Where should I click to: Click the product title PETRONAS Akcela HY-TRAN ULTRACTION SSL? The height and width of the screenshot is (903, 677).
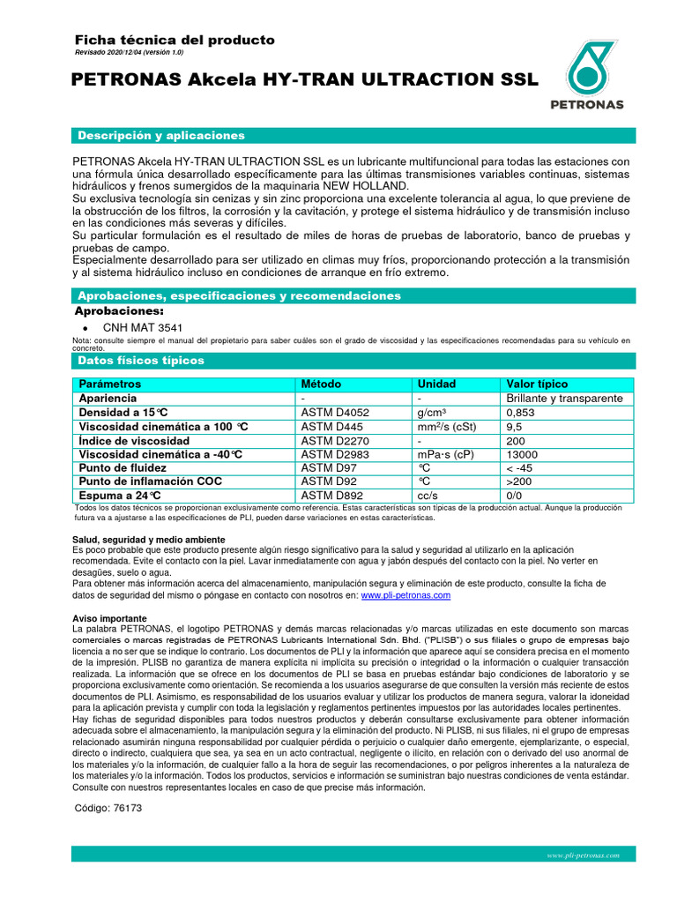pyautogui.click(x=303, y=80)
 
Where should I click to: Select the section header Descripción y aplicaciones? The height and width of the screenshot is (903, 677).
pyautogui.click(x=161, y=135)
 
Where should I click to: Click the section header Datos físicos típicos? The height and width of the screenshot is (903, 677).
pyautogui.click(x=141, y=361)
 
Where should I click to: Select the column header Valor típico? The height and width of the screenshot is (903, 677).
pyautogui.click(x=537, y=384)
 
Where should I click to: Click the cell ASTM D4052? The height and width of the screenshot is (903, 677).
pyautogui.click(x=335, y=412)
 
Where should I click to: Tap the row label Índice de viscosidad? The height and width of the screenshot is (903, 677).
pyautogui.click(x=134, y=440)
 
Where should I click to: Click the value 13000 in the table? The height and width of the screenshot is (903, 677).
pyautogui.click(x=524, y=454)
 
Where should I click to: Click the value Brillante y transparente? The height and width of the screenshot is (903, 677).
pyautogui.click(x=564, y=399)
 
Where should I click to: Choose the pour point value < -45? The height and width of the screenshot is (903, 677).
pyautogui.click(x=521, y=467)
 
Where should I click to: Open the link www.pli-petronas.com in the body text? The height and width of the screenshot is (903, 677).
pyautogui.click(x=405, y=595)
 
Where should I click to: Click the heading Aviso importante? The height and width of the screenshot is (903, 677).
pyautogui.click(x=109, y=618)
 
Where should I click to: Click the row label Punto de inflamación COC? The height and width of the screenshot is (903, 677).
pyautogui.click(x=150, y=481)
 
